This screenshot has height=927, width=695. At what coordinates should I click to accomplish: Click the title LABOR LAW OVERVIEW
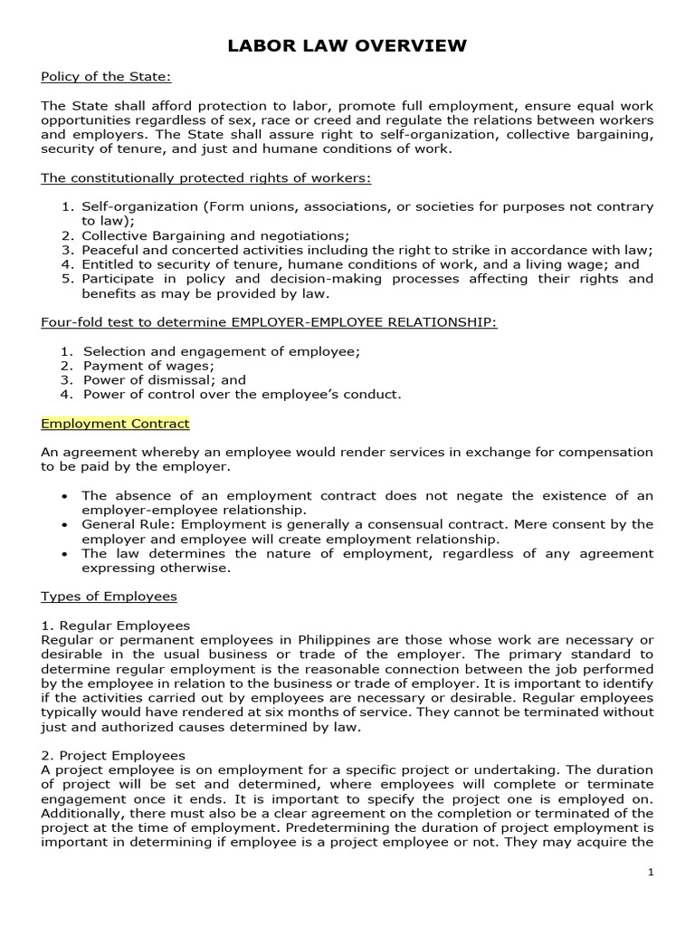click(x=347, y=45)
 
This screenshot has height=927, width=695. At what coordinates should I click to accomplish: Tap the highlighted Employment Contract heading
click(x=115, y=424)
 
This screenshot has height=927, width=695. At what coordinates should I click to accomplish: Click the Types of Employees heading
click(x=109, y=597)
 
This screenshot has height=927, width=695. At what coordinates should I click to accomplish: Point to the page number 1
click(x=650, y=872)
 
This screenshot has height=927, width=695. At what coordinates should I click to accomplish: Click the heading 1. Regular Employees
click(x=115, y=626)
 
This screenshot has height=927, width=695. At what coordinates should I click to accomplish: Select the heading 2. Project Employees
click(x=113, y=755)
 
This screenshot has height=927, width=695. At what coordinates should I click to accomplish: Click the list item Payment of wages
click(x=148, y=366)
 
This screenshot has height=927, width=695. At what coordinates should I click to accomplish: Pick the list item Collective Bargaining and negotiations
click(x=215, y=235)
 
